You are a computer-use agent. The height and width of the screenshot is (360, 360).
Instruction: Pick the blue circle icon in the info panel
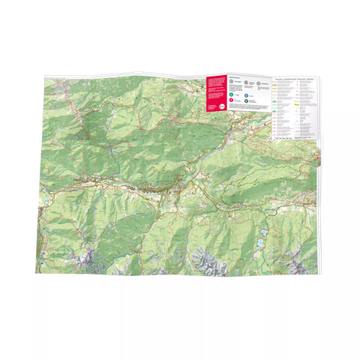pos(247,95)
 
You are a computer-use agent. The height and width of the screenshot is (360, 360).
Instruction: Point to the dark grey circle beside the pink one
pos(247,100)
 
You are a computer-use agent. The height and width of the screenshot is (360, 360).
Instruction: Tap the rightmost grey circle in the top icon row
pos(259,84)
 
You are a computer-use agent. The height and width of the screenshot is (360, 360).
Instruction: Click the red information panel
pos(215,94)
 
